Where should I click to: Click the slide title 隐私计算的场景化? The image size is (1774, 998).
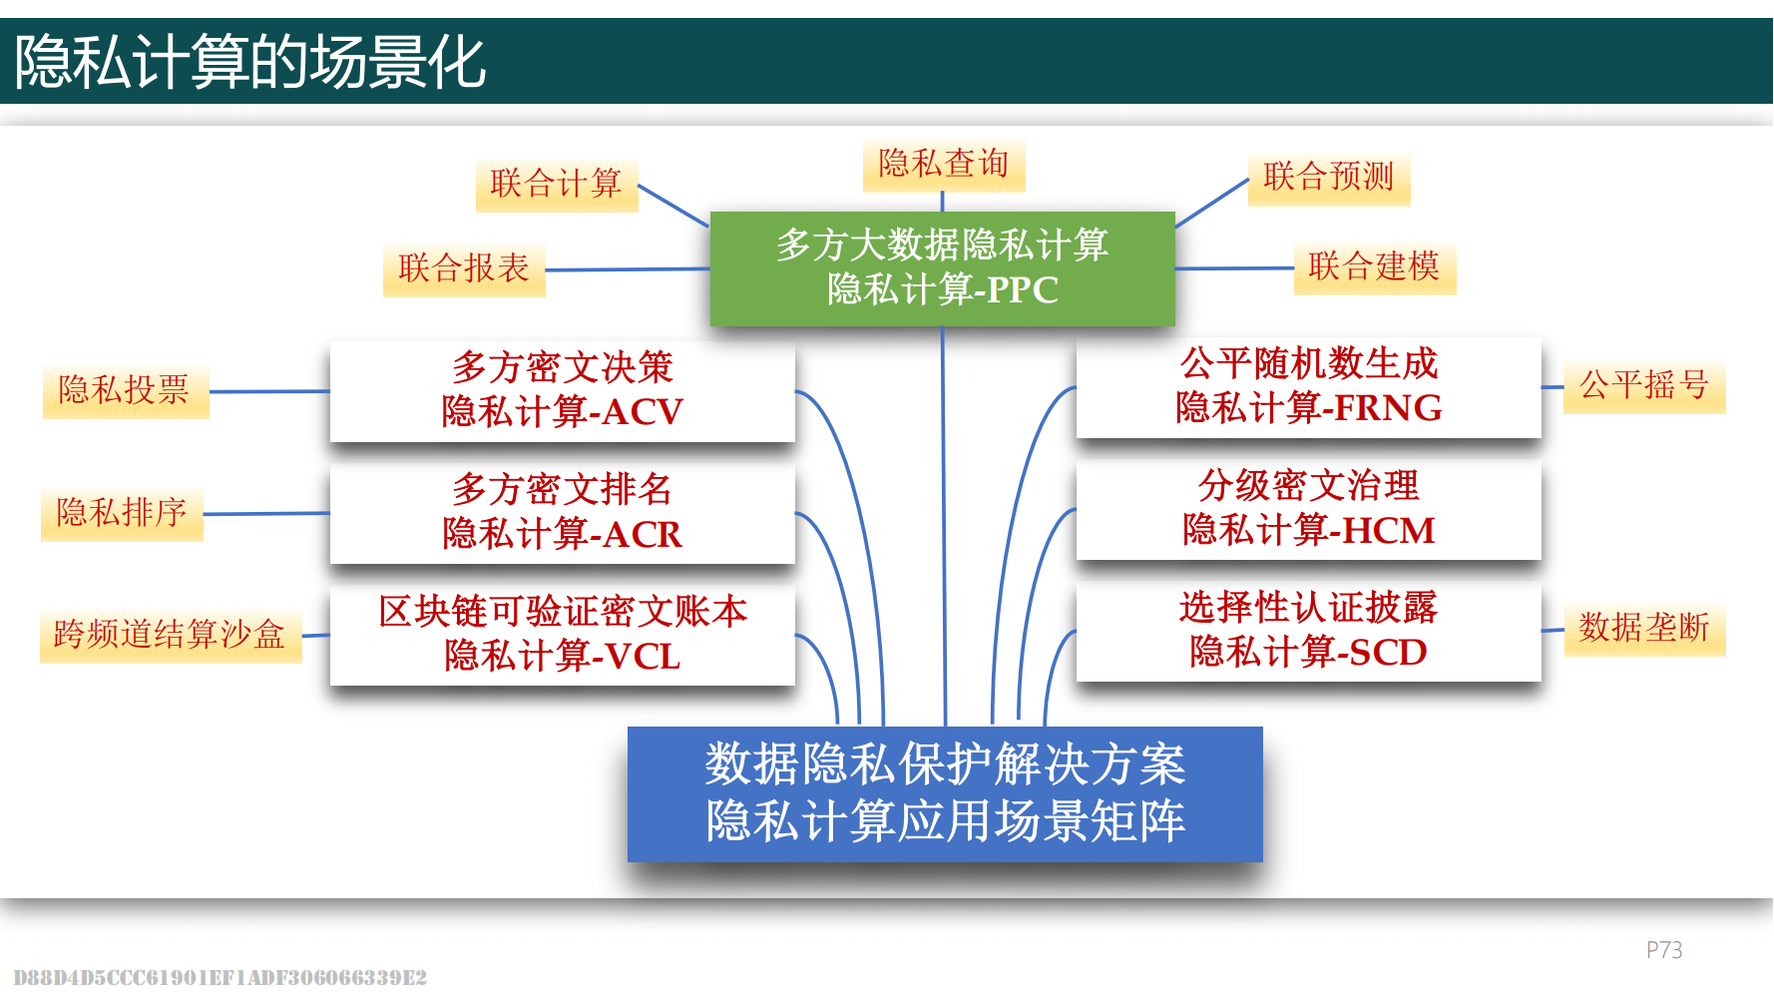point(249,62)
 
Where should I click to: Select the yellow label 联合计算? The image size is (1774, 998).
point(557,185)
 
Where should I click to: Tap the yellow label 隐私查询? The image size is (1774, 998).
point(944,165)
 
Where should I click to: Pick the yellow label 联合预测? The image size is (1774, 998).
point(1329,179)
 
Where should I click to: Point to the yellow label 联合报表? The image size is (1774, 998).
point(464,269)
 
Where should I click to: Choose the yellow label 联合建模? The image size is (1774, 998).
point(1375,267)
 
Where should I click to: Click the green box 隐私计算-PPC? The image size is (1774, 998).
point(942,268)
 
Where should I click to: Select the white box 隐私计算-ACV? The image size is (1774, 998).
point(563,391)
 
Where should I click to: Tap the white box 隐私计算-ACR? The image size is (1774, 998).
point(563,513)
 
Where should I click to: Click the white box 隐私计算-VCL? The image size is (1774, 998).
point(563,635)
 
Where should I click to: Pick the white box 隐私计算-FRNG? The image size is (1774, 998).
point(1308,387)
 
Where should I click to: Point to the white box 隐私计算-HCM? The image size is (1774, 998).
point(1308,509)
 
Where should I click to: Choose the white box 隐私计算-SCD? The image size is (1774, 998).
point(1308,631)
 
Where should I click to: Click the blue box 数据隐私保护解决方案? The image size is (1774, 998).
point(945,793)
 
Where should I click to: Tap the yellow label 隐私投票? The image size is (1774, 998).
point(126,391)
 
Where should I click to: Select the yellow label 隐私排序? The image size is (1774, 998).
point(122,514)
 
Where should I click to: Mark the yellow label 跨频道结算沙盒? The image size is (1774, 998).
point(171,636)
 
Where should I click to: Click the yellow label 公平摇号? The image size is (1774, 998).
point(1644,386)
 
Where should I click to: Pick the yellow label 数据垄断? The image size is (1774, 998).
point(1644,629)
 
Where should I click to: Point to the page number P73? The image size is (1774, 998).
point(1663,950)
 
